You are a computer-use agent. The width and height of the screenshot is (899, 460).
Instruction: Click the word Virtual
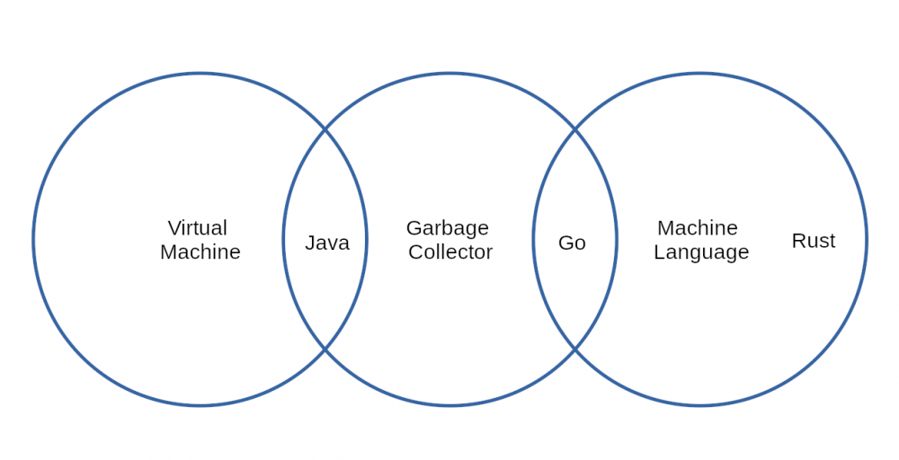pos(198,228)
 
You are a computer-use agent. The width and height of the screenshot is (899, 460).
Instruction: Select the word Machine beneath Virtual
pos(200,252)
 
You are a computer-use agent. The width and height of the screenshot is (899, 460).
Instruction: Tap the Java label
pos(327,243)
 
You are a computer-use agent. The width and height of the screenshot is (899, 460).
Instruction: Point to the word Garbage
pos(448,228)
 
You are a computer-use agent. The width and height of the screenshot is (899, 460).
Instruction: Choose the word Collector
pos(450,252)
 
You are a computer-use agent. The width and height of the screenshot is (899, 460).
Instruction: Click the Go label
pos(572,243)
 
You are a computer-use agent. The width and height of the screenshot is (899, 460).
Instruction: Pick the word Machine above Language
pos(698,228)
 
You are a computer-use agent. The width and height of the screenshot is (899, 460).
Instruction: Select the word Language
pos(701,252)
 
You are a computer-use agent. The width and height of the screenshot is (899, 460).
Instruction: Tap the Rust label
pos(814,241)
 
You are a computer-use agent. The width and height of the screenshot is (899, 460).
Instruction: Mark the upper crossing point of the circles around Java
pos(325,130)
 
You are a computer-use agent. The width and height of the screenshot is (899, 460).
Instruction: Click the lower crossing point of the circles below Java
pos(325,349)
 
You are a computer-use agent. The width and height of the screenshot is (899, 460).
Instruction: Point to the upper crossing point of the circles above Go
pos(574,130)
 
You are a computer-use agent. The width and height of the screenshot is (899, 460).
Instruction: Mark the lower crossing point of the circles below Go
pos(574,349)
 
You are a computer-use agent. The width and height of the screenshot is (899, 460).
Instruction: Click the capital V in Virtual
pos(174,228)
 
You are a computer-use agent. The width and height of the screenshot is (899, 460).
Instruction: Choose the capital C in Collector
pos(415,252)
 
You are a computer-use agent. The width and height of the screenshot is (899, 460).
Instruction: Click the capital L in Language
pos(658,252)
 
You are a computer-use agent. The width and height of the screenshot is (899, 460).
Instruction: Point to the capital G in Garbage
pos(414,228)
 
